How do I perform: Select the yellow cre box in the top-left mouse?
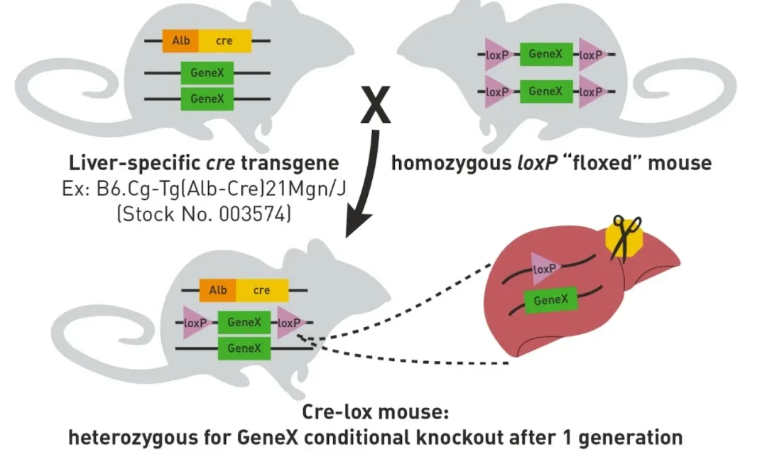click(224, 41)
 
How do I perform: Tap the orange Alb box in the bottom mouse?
click(218, 290)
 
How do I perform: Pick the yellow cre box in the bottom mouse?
click(262, 290)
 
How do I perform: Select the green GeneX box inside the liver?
click(550, 300)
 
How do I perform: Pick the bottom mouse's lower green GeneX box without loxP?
click(244, 348)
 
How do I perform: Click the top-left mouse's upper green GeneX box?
click(207, 72)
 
